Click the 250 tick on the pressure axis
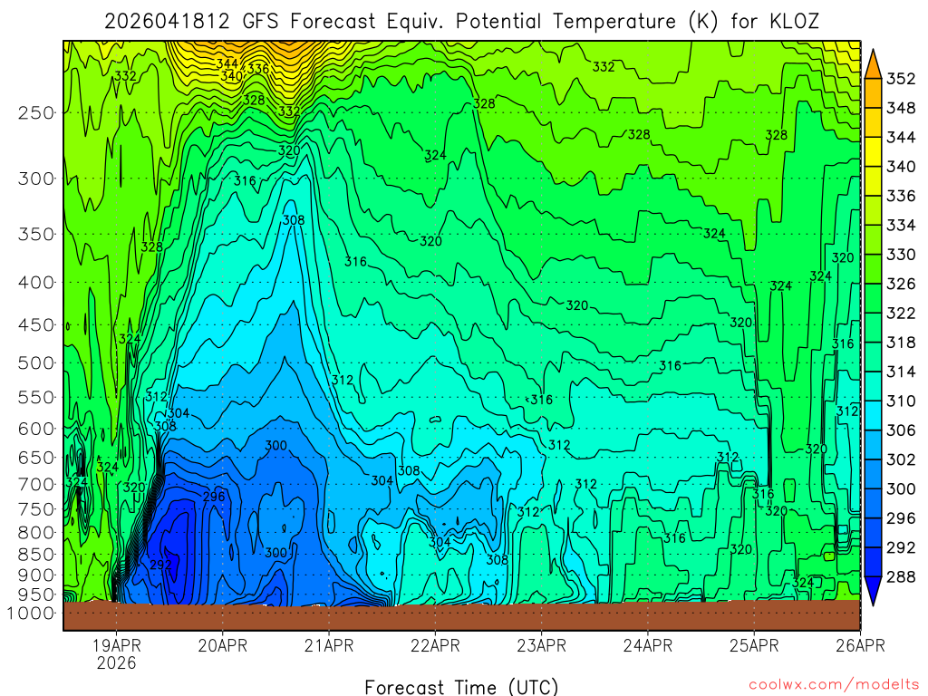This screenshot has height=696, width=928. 36,112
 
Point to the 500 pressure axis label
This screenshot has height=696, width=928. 36,362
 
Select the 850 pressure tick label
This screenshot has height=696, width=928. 36,554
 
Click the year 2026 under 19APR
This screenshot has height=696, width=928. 116,663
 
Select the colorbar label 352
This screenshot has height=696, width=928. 901,79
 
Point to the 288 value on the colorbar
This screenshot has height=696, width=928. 901,576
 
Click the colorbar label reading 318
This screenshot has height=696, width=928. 901,343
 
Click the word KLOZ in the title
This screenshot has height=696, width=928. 794,21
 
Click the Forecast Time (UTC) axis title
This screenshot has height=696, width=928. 461,687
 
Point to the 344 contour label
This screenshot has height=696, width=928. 227,63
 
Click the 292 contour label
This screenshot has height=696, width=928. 160,564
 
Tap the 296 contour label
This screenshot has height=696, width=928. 214,497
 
